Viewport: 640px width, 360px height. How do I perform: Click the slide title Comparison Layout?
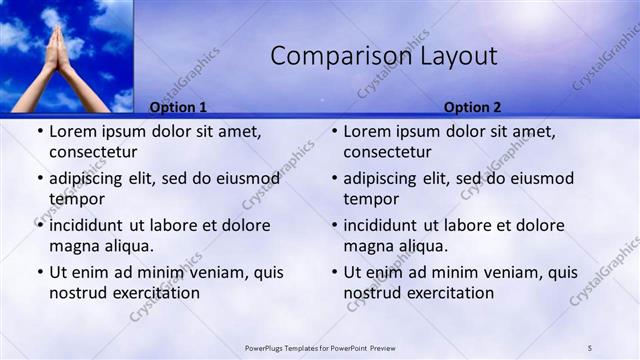384,57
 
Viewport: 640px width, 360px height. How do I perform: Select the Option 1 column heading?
178,107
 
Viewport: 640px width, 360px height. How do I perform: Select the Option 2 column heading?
473,107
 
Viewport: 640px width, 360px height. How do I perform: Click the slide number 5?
591,347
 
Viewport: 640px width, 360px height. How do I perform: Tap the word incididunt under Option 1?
95,225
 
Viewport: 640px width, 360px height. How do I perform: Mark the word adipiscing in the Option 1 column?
95,178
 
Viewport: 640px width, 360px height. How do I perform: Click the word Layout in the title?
459,57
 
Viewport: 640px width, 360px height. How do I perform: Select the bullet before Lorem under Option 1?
39,132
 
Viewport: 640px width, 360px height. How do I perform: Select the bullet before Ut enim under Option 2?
333,272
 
